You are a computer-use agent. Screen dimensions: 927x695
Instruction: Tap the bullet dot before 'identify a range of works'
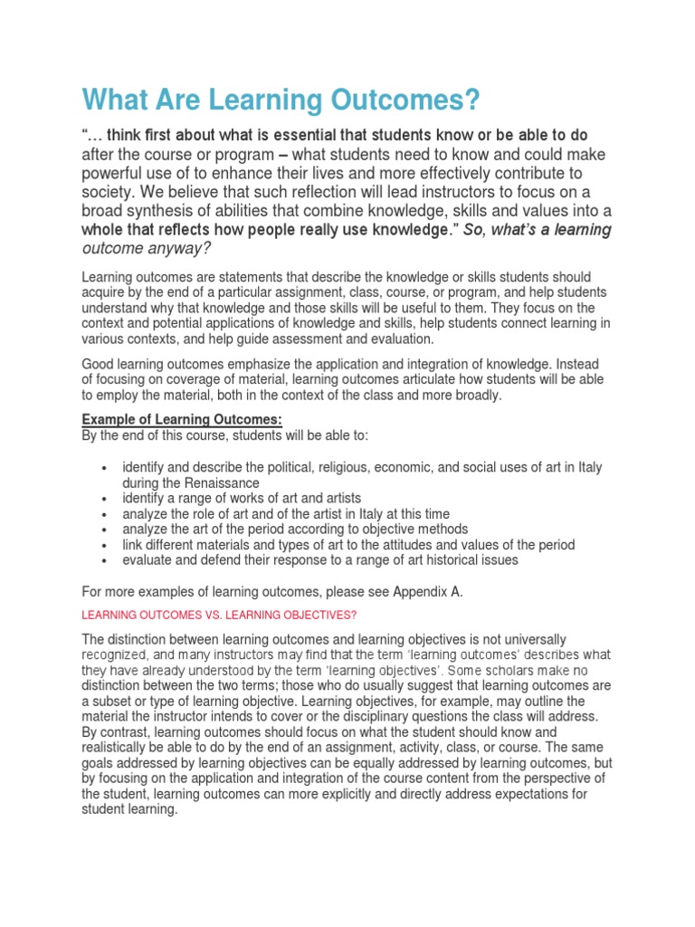[x=106, y=499]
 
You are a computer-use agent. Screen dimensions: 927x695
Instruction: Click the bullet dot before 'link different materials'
[x=106, y=545]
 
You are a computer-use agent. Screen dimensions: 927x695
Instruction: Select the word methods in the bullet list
[x=443, y=529]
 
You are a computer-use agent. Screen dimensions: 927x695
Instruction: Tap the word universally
[x=532, y=639]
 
